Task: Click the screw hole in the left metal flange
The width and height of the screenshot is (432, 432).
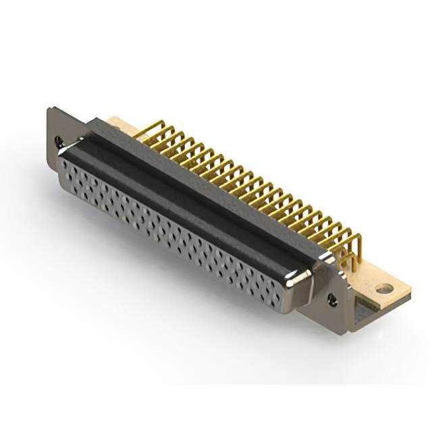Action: point(59,142)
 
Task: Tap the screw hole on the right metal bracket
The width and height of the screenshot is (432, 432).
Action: point(331,298)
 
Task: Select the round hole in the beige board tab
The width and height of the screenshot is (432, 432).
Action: point(384,289)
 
